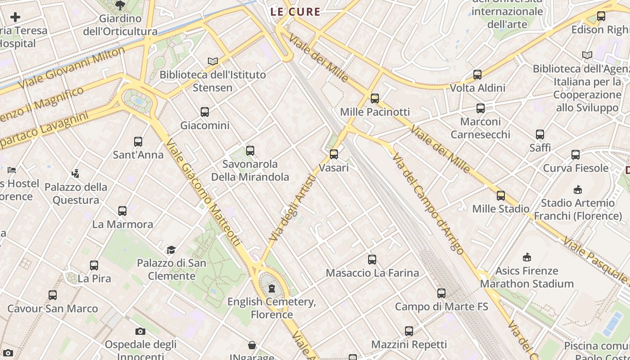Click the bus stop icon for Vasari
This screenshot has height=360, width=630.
coord(333,154)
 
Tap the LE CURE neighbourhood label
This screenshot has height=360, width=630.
coord(295,12)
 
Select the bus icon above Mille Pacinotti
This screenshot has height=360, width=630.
coord(374,99)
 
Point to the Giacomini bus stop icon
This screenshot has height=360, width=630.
coord(205,112)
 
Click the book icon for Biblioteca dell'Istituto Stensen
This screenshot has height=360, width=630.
coord(213,61)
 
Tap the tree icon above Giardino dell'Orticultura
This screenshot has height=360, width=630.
coord(120,5)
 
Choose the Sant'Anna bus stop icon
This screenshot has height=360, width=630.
coord(138,141)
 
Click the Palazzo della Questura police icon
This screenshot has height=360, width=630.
coord(76,173)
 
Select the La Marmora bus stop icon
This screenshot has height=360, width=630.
coord(122,211)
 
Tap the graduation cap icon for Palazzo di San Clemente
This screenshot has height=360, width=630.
coord(171,250)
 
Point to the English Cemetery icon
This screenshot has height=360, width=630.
coord(271,288)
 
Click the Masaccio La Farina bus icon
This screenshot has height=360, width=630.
coord(372,259)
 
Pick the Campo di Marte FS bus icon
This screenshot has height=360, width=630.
coord(441,293)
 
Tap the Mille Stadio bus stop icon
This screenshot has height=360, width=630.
coord(500,196)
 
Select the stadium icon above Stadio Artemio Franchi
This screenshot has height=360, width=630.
coord(578,190)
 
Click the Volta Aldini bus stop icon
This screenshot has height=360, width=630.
coord(477,74)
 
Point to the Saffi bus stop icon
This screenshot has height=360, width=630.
coord(540,134)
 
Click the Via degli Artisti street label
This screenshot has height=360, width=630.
coord(292,208)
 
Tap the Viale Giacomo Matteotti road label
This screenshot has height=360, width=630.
coord(203,193)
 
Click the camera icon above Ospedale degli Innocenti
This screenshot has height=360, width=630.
coord(140,332)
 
